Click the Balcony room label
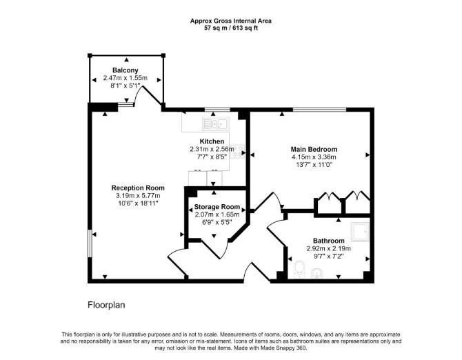pos(125,70)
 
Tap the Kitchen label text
pos(212,141)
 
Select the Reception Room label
pos(138,188)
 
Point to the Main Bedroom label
pos(314,150)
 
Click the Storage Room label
pos(217,207)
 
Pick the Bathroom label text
pos(328,241)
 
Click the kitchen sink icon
pos(216,124)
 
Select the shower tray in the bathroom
pos(360,232)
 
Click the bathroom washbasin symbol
pos(317,273)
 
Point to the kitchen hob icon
pos(237,152)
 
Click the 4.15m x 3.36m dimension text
pos(314,157)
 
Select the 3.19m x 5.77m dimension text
pos(138,196)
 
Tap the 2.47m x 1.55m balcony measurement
pos(125,78)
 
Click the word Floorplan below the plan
pos(106,305)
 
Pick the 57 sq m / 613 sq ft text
pos(231,28)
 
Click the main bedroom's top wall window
pos(319,110)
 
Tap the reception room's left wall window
pos(90,243)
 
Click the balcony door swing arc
pos(138,94)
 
